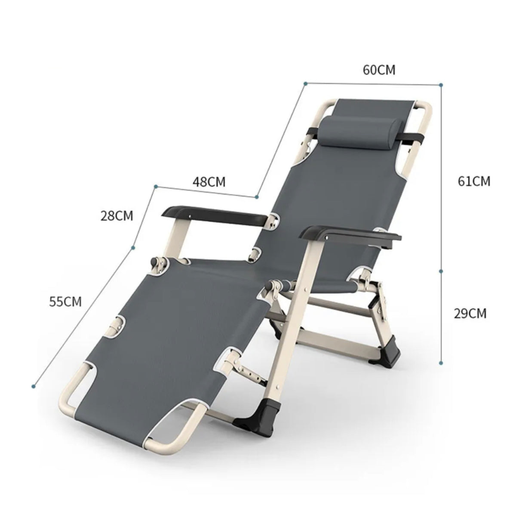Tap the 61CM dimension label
pos(473,181)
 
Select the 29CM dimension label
pos(470,313)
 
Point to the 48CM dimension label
pos(209,182)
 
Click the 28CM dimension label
pos(117,215)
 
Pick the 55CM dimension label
pos(65,301)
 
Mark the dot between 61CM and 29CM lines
pos(441,271)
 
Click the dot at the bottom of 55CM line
pos(33,386)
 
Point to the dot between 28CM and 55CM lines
pos(133,247)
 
